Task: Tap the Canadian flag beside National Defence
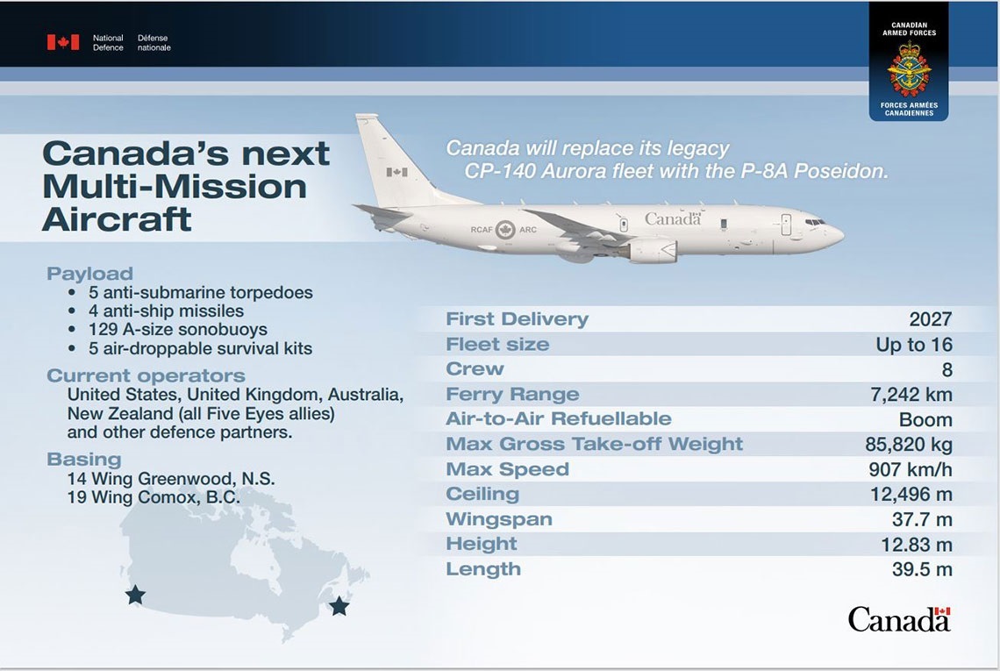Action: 63,42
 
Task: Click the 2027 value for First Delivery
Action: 930,320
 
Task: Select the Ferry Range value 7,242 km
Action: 911,395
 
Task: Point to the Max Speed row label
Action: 507,469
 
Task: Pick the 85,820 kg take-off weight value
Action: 908,445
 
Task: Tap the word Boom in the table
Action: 925,420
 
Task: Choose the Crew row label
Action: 475,369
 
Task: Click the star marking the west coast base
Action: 135,596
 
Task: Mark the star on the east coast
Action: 339,606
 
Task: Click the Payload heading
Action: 89,274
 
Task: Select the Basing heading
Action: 84,459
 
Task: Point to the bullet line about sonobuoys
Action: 178,330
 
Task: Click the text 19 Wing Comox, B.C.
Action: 154,497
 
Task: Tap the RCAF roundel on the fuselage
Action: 505,231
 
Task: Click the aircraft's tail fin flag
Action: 396,172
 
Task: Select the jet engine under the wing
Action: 650,251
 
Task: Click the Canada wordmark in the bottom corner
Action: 899,619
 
